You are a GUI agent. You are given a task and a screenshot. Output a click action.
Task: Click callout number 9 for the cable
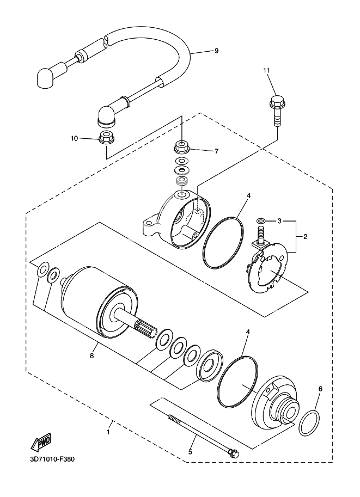pyautogui.click(x=216, y=51)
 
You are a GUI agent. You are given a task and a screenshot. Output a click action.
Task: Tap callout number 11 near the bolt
pyautogui.click(x=267, y=71)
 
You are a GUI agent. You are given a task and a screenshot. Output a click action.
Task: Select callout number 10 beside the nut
pyautogui.click(x=74, y=138)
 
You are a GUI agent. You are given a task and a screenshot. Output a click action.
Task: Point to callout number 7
pyautogui.click(x=216, y=150)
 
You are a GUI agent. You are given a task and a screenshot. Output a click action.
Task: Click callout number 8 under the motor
pyautogui.click(x=92, y=356)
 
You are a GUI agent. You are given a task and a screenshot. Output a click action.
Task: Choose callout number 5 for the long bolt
pyautogui.click(x=191, y=451)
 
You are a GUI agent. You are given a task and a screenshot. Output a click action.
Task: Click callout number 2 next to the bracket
pyautogui.click(x=306, y=237)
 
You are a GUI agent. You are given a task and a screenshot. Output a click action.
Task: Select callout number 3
pyautogui.click(x=279, y=222)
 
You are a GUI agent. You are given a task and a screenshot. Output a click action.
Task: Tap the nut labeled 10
pyautogui.click(x=105, y=136)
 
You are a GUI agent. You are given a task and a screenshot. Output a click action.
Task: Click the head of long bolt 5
pyautogui.click(x=233, y=452)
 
